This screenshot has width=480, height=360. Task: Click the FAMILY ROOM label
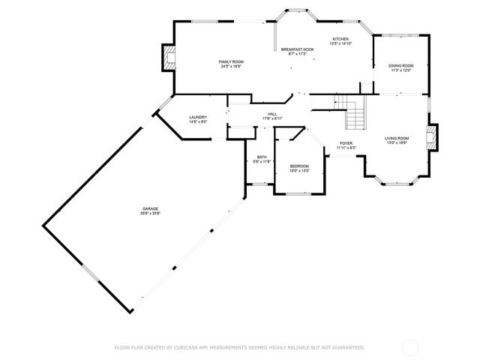[231, 61]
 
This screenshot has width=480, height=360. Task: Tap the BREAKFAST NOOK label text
[297, 49]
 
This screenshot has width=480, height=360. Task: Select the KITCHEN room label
[341, 38]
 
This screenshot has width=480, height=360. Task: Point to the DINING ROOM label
[401, 66]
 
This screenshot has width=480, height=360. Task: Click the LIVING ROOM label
[397, 138]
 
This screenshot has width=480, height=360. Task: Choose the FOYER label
[346, 142]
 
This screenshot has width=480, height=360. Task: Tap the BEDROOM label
[299, 166]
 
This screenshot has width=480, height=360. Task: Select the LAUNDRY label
[198, 117]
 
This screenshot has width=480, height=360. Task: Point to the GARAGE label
[150, 208]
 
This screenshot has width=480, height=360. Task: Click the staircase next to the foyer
[352, 112]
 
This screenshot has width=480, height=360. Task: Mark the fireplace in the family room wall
[169, 58]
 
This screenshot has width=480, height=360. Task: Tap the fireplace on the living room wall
[432, 136]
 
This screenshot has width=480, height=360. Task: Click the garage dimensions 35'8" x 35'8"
[150, 214]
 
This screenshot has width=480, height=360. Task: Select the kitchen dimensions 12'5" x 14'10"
[341, 43]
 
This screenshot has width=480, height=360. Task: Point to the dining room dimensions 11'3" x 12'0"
[401, 71]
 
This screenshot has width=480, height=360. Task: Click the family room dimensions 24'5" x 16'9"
[231, 66]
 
